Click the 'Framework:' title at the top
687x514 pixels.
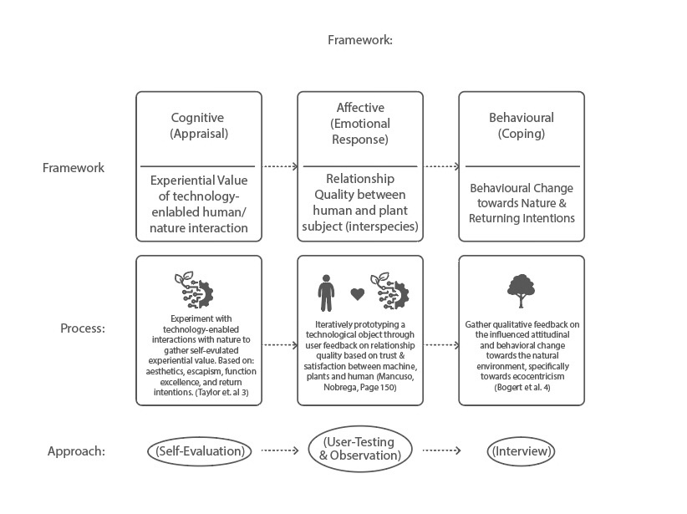(x=360, y=40)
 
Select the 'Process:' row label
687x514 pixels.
(x=83, y=328)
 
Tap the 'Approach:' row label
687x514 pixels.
(x=77, y=451)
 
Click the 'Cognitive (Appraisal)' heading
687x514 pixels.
(x=199, y=125)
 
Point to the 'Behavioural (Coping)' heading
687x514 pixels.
(x=522, y=125)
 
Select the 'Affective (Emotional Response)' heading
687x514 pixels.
(x=360, y=124)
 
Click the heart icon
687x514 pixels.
(x=358, y=293)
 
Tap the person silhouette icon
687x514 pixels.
(x=326, y=293)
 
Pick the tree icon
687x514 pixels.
(x=521, y=291)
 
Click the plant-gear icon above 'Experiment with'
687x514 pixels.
(x=194, y=289)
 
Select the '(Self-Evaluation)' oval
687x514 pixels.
(x=200, y=451)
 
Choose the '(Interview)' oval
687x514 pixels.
(x=521, y=451)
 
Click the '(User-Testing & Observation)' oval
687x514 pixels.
(x=360, y=449)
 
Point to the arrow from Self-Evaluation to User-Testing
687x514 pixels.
(x=280, y=450)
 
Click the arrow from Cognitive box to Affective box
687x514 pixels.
(x=280, y=166)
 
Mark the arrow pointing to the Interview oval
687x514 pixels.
(x=441, y=450)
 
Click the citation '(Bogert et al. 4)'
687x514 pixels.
(x=522, y=387)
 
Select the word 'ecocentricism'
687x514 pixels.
(x=538, y=376)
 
